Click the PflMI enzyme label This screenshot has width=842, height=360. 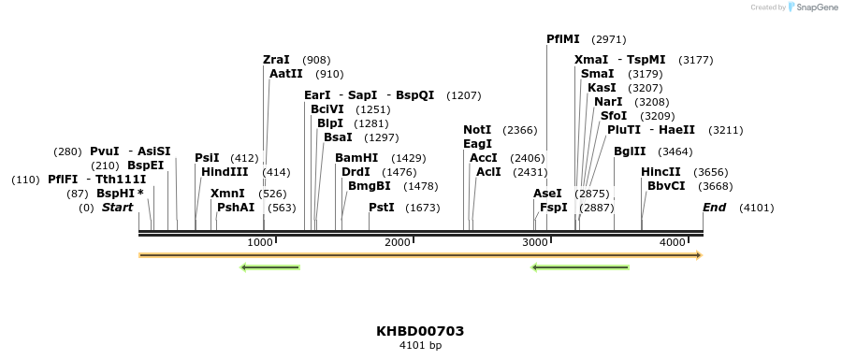[x=563, y=39]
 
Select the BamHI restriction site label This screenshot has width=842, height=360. [x=356, y=158]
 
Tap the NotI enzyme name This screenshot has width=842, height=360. [x=477, y=130]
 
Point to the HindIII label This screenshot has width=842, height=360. [x=225, y=172]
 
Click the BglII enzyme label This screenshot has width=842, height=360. [x=629, y=151]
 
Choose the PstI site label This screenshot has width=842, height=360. [x=381, y=208]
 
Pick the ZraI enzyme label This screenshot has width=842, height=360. [x=277, y=60]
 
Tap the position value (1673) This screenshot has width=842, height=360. [x=422, y=208]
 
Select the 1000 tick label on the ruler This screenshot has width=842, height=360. [x=260, y=243]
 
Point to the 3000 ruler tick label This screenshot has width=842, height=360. [x=535, y=243]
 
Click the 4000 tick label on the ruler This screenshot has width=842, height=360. [x=673, y=243]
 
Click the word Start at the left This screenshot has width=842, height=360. [x=117, y=208]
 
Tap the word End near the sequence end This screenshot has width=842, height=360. [x=714, y=208]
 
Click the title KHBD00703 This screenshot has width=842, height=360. [x=420, y=331]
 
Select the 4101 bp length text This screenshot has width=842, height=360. [x=420, y=346]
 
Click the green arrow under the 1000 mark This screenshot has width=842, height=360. [x=269, y=268]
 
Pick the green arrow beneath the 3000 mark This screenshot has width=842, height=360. [x=579, y=268]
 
